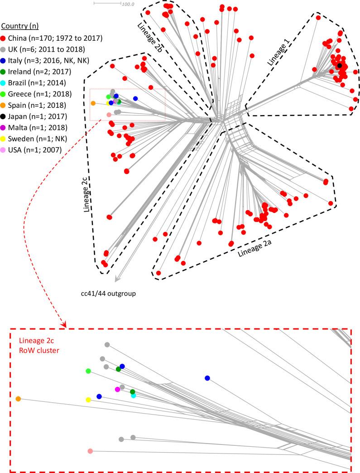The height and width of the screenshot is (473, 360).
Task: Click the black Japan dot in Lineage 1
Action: (339, 66)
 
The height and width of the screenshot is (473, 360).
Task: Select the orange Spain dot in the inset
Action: (18, 399)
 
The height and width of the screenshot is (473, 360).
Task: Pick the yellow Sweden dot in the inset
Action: (88, 400)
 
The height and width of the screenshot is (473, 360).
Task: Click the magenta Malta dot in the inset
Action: (117, 389)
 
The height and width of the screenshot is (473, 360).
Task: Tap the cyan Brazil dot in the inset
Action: (134, 396)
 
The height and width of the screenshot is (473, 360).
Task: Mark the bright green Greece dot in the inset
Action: (88, 371)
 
